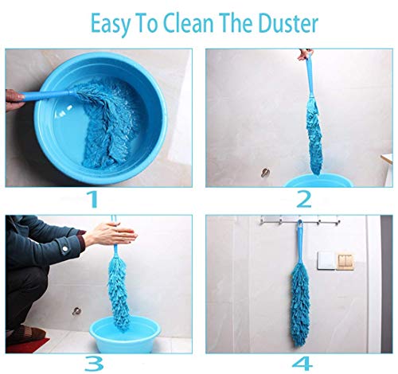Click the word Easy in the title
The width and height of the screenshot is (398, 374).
(x=111, y=24)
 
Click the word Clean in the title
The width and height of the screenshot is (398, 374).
(x=188, y=23)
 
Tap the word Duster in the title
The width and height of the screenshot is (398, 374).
(x=288, y=23)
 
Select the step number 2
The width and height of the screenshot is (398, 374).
(x=304, y=199)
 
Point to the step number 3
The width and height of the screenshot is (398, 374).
(x=94, y=363)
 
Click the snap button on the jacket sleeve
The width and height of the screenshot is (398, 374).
(x=64, y=249)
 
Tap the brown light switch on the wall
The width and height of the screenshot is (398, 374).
(x=345, y=262)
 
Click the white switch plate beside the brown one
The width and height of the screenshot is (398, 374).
(x=326, y=261)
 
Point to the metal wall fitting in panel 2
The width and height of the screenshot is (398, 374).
(x=265, y=173)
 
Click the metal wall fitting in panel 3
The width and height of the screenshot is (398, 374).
(x=77, y=310)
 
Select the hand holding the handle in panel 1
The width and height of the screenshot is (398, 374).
(x=14, y=99)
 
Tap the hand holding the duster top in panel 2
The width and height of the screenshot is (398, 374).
(x=305, y=54)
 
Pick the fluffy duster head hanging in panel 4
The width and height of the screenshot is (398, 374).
(x=301, y=306)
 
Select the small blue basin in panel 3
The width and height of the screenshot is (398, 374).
(x=125, y=335)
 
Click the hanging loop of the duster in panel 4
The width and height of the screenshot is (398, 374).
(x=300, y=224)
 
